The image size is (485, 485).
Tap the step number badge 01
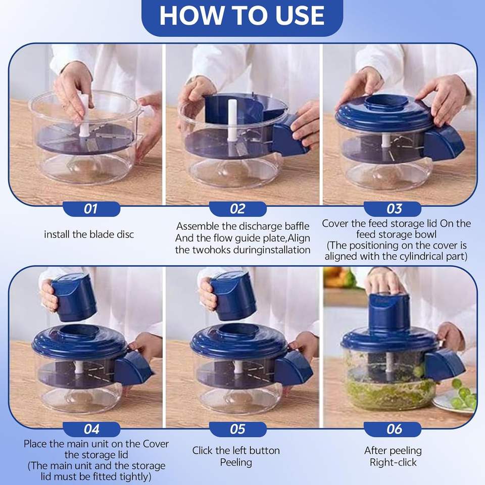(x=91, y=209)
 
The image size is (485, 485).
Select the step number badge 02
(x=237, y=209)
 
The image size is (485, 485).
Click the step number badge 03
(x=394, y=209)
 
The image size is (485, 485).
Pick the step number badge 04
(x=91, y=429)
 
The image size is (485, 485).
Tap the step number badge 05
(x=237, y=429)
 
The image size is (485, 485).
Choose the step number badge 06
(x=394, y=429)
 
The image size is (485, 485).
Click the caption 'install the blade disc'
(x=89, y=235)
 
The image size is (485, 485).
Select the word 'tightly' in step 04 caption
(x=136, y=476)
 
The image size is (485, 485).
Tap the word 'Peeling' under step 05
(x=235, y=462)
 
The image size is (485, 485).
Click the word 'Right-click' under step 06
(x=393, y=462)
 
